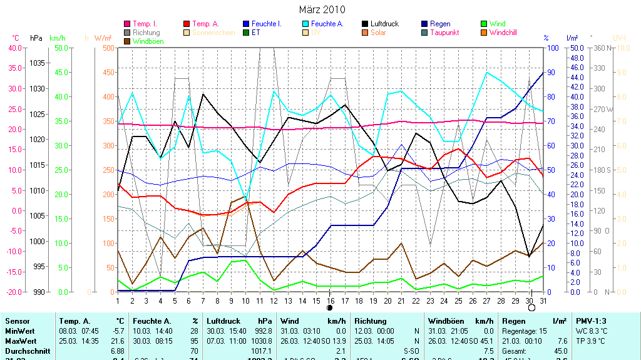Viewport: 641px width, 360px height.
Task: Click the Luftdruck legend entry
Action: point(384,24)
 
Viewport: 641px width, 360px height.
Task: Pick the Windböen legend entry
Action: point(147,41)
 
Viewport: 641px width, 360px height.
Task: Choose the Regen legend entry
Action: point(440,24)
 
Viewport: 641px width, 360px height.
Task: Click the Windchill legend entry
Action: point(503,33)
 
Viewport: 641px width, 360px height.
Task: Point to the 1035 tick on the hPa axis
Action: point(38,63)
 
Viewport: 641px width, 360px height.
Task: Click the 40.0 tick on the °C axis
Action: point(15,48)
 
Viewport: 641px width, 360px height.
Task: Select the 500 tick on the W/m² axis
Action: point(108,48)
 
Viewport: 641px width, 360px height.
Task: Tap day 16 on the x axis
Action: point(331,300)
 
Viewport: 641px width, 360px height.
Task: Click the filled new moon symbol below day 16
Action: point(330,308)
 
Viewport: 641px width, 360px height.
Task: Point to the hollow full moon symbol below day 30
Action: point(531,308)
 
